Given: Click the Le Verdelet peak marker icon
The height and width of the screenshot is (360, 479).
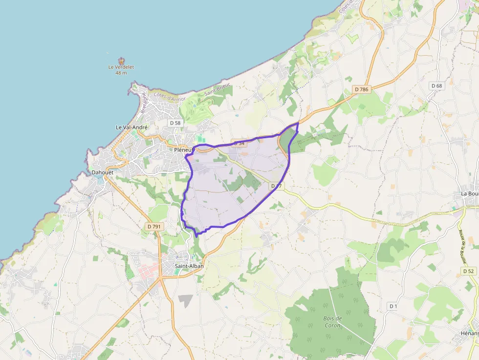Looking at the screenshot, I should point(121,61).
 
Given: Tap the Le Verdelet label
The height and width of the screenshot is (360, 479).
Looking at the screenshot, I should point(121,67).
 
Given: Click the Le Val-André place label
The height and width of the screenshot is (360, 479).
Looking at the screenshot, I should point(131,127).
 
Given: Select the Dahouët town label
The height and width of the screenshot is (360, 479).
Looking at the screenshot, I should point(103,172).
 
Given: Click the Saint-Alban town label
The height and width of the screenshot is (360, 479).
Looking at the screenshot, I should point(189,266).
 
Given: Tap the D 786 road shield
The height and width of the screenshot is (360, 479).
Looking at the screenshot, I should point(361,89).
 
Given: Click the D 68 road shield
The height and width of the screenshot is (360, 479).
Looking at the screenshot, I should point(436,86).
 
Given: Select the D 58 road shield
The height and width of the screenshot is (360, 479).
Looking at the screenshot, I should point(174,122).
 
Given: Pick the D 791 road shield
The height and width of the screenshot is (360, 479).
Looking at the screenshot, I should point(154,227).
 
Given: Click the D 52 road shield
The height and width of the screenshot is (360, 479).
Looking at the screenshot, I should point(468,271).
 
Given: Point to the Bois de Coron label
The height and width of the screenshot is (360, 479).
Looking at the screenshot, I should point(332,322).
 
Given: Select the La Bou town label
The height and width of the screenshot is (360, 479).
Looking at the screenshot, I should point(470,193).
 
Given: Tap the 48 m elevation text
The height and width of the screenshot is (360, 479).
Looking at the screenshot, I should point(121,73).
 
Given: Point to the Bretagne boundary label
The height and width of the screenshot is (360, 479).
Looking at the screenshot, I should point(144,103).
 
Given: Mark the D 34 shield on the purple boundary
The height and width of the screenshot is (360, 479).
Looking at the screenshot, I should point(238,143).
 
